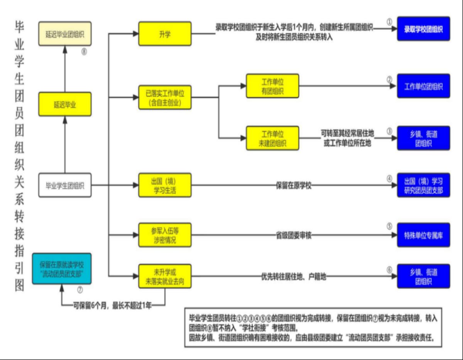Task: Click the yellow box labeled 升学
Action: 165,34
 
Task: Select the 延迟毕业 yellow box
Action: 65,104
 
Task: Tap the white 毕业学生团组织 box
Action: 65,185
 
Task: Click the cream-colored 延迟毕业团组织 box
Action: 65,34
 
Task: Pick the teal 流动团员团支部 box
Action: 62,269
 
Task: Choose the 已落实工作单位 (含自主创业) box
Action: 165,97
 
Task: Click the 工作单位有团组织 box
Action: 272,86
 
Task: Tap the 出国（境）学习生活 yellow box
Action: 165,185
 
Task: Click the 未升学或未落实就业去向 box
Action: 165,276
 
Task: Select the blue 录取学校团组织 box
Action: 423,29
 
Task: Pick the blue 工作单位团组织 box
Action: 423,86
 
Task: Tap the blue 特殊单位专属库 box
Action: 423,235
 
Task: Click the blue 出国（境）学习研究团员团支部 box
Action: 423,185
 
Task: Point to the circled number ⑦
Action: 80,289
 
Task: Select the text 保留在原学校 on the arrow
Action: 294,185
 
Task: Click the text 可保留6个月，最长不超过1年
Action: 113,306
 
